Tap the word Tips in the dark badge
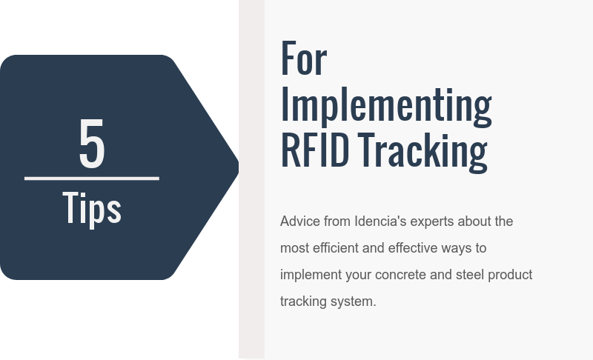92,208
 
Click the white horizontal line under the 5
92,178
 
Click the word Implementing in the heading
385,105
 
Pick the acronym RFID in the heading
315,150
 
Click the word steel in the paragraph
471,275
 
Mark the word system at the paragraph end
355,301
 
